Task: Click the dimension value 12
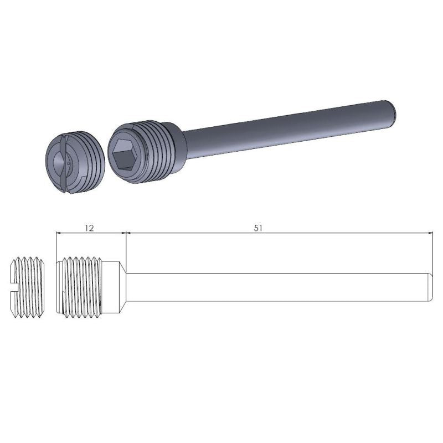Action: tap(90, 228)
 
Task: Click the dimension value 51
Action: tap(258, 228)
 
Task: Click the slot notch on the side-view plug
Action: tap(13, 287)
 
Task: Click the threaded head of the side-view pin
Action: tap(83, 287)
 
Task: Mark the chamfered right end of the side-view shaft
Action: tap(430, 287)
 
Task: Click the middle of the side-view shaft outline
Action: tap(277, 287)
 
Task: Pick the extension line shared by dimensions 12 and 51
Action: tap(127, 249)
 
